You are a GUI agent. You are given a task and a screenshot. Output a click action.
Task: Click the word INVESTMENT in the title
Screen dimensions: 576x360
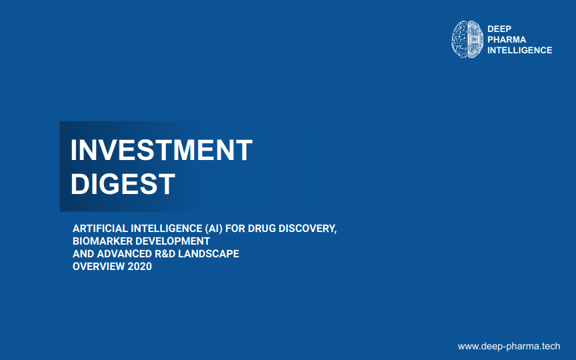tap(161, 150)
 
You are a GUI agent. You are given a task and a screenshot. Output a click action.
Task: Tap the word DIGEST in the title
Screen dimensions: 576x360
tap(123, 184)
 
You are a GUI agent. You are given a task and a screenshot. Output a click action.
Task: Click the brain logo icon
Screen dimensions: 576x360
tap(467, 39)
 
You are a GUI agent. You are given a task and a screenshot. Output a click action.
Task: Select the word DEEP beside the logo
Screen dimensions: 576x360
tap(499, 29)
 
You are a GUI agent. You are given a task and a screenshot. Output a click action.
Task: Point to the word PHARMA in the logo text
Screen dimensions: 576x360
tap(507, 39)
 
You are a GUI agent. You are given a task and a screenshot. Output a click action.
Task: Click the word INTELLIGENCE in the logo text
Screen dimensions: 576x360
tap(520, 50)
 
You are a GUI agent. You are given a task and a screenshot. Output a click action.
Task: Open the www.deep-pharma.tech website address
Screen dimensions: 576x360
tap(509, 346)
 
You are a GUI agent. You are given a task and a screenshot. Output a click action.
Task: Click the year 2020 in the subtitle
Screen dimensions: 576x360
tap(139, 266)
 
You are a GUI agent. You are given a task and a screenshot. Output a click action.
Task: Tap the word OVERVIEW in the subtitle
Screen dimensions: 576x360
tap(99, 266)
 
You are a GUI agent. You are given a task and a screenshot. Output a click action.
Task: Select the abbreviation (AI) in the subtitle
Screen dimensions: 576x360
tap(214, 229)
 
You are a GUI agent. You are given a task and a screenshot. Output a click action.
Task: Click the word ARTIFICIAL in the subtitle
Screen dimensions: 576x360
tap(100, 229)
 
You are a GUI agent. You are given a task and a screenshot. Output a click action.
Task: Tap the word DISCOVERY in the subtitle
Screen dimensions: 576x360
tap(307, 229)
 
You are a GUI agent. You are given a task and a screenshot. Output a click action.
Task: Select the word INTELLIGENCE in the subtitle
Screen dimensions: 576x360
tap(166, 229)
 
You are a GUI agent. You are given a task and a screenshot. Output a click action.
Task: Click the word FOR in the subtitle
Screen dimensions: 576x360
tap(235, 229)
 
